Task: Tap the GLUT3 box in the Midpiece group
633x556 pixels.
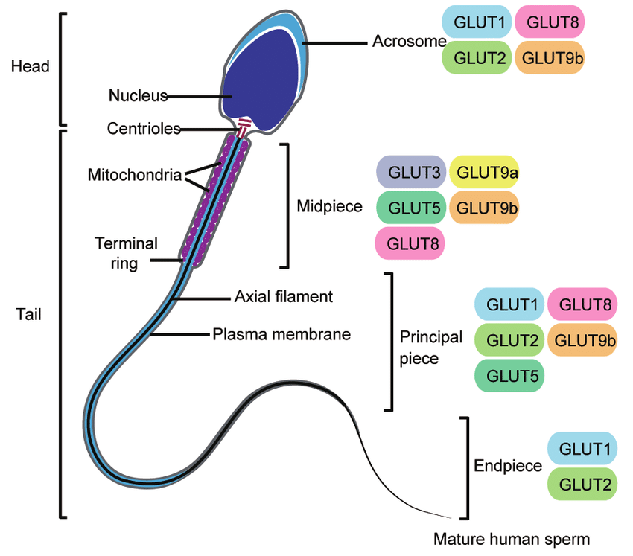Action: [411, 172]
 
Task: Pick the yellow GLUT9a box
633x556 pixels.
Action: [483, 172]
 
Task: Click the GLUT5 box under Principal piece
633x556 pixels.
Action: [509, 375]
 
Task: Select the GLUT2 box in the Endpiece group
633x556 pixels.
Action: [582, 484]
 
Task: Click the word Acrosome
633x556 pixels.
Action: [408, 42]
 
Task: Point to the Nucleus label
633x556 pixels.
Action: [138, 95]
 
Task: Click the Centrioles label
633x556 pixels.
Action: [144, 129]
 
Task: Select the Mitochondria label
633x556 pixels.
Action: [134, 176]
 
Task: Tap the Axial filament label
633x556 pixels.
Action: [283, 296]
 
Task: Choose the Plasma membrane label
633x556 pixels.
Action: [281, 334]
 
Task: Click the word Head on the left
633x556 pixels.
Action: [30, 67]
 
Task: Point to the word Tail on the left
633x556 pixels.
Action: [28, 314]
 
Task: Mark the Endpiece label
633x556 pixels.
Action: [508, 466]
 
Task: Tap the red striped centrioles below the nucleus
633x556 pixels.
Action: [244, 126]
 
